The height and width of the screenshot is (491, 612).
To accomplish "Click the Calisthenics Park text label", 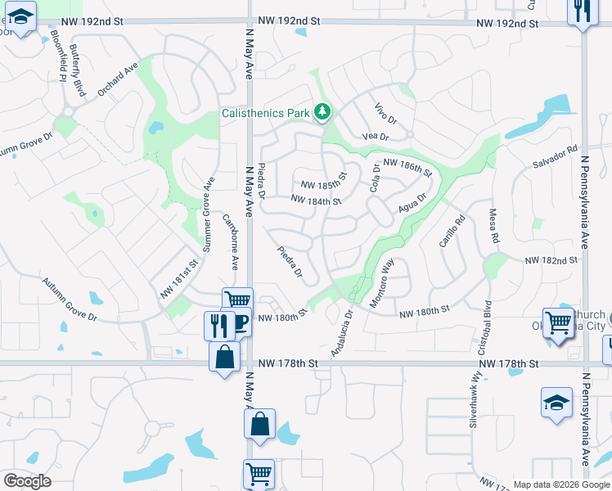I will click(x=264, y=113).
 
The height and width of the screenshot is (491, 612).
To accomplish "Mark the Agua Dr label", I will click(x=413, y=201).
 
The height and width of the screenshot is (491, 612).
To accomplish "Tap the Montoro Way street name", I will click(x=381, y=283).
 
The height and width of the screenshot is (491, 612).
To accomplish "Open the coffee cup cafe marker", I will click(x=238, y=322).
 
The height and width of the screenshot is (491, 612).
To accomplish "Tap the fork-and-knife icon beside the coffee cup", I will click(x=218, y=324).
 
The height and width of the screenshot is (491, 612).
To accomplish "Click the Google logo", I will click(x=27, y=481).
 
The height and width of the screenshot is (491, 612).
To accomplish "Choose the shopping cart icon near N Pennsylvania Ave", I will click(x=558, y=322).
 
